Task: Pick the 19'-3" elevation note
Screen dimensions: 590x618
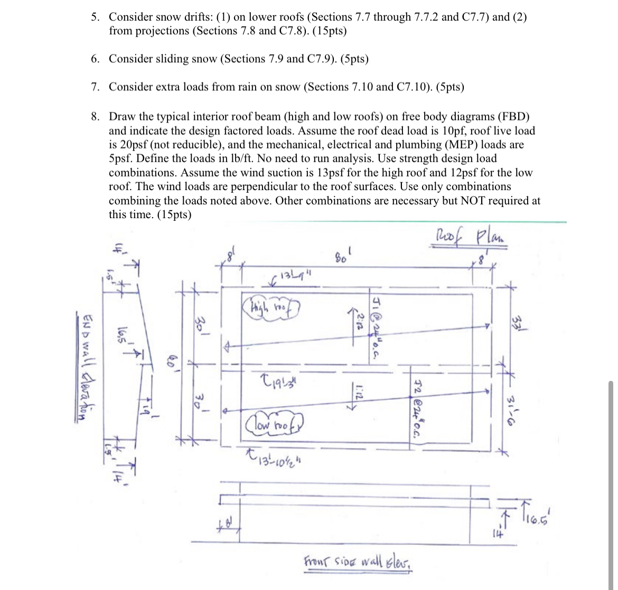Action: [274, 380]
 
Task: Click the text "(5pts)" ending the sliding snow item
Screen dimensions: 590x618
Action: [354, 59]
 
